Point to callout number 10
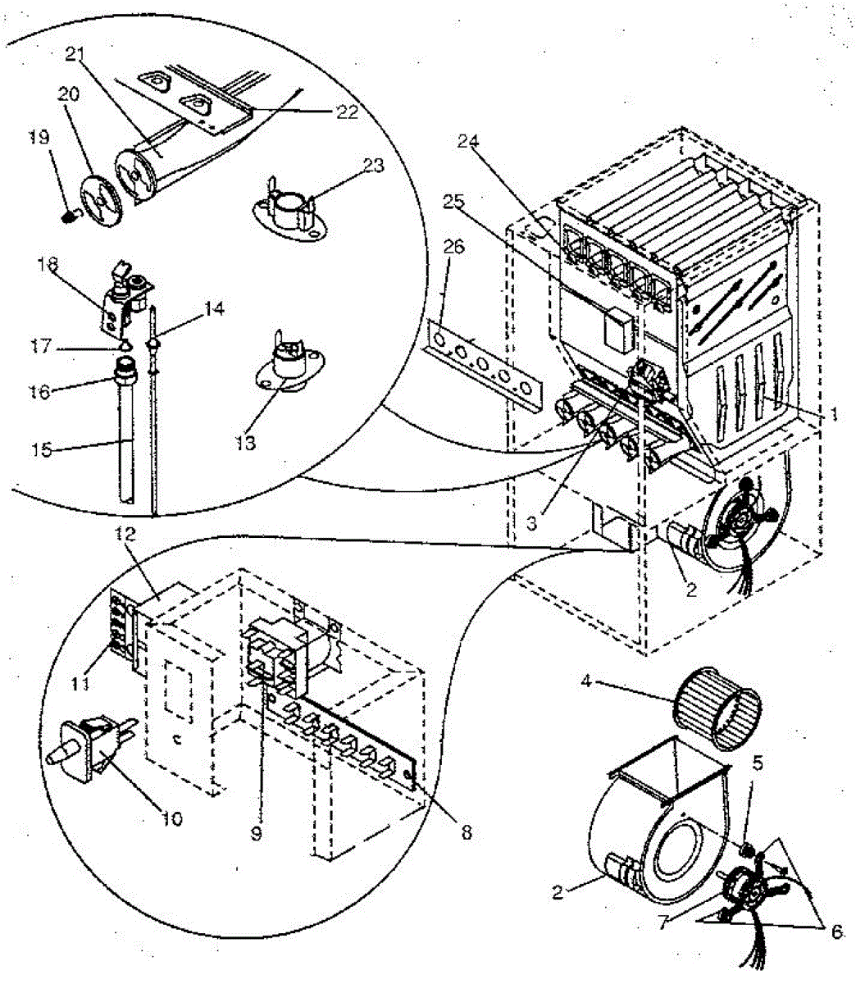coord(172,818)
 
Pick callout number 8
coord(465,831)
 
